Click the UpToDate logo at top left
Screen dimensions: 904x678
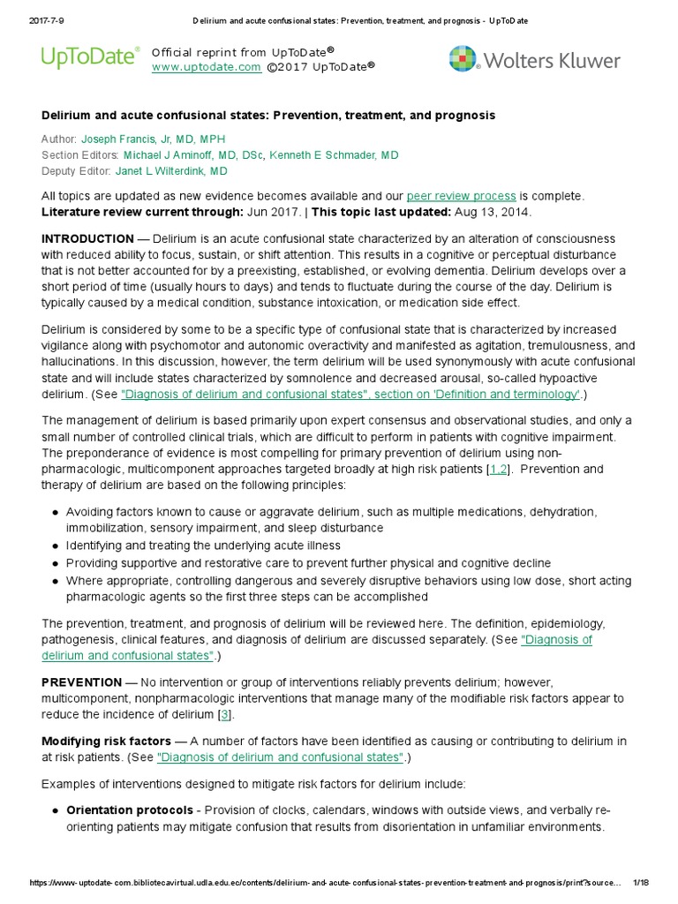tap(90, 58)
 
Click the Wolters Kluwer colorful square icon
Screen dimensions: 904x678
tap(463, 59)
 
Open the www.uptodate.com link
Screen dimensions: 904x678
tap(206, 67)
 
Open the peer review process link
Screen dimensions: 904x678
tap(461, 195)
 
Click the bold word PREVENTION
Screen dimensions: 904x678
tap(82, 682)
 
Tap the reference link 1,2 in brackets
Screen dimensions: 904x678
tap(498, 470)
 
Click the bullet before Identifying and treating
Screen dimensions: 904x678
tap(56, 546)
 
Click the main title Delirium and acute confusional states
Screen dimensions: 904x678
tap(268, 116)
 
